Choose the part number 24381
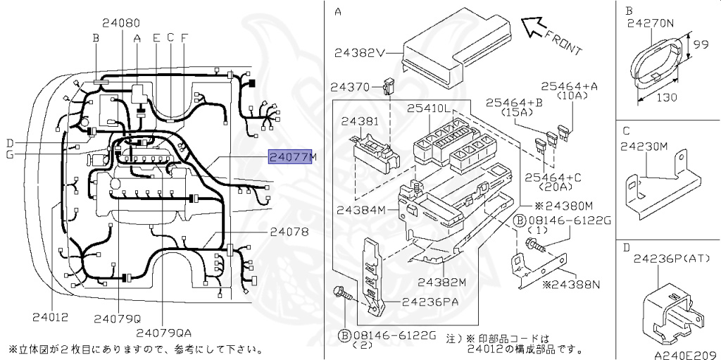(x=360, y=121)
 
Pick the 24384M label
(x=361, y=210)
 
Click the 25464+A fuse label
(x=569, y=86)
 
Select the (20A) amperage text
(x=558, y=187)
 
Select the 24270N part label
(x=651, y=23)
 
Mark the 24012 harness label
(x=50, y=317)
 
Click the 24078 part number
(x=289, y=231)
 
